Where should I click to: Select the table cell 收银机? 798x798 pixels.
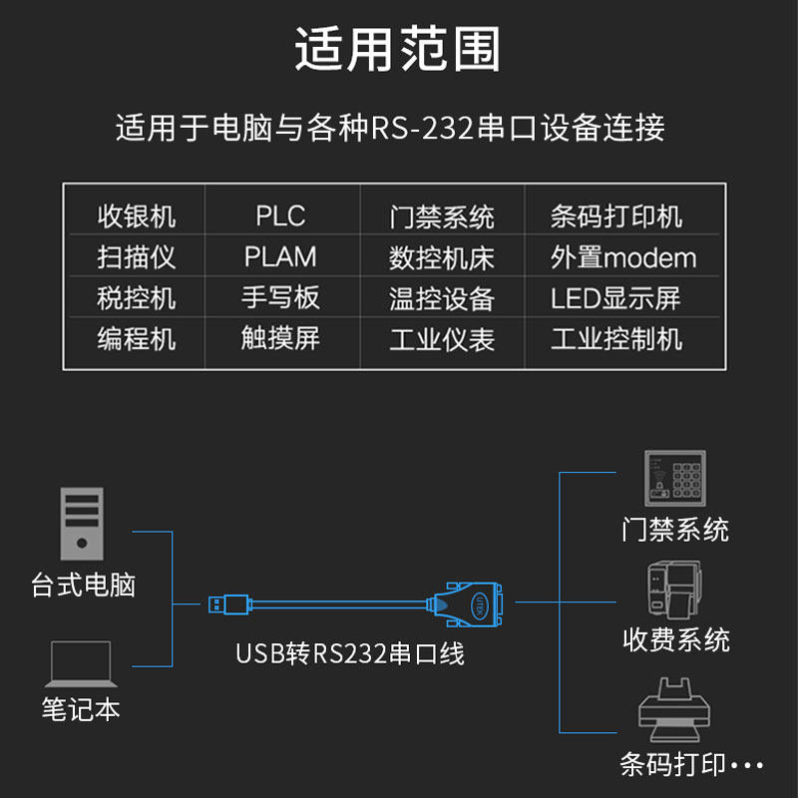click(x=137, y=216)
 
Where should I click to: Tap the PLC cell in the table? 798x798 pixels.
click(x=280, y=216)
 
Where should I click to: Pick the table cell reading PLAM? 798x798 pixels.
click(x=280, y=257)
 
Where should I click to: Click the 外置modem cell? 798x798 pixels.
click(x=623, y=258)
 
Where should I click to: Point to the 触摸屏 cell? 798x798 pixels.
click(x=280, y=338)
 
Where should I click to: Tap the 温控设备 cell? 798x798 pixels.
click(x=442, y=298)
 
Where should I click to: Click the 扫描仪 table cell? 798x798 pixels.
click(x=137, y=257)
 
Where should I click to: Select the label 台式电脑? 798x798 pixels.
click(x=84, y=585)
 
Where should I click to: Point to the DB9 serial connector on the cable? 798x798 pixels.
click(x=471, y=603)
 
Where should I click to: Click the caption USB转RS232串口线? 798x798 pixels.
click(x=350, y=654)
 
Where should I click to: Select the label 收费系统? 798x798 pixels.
click(x=676, y=639)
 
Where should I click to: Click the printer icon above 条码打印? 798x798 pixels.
click(x=676, y=710)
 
